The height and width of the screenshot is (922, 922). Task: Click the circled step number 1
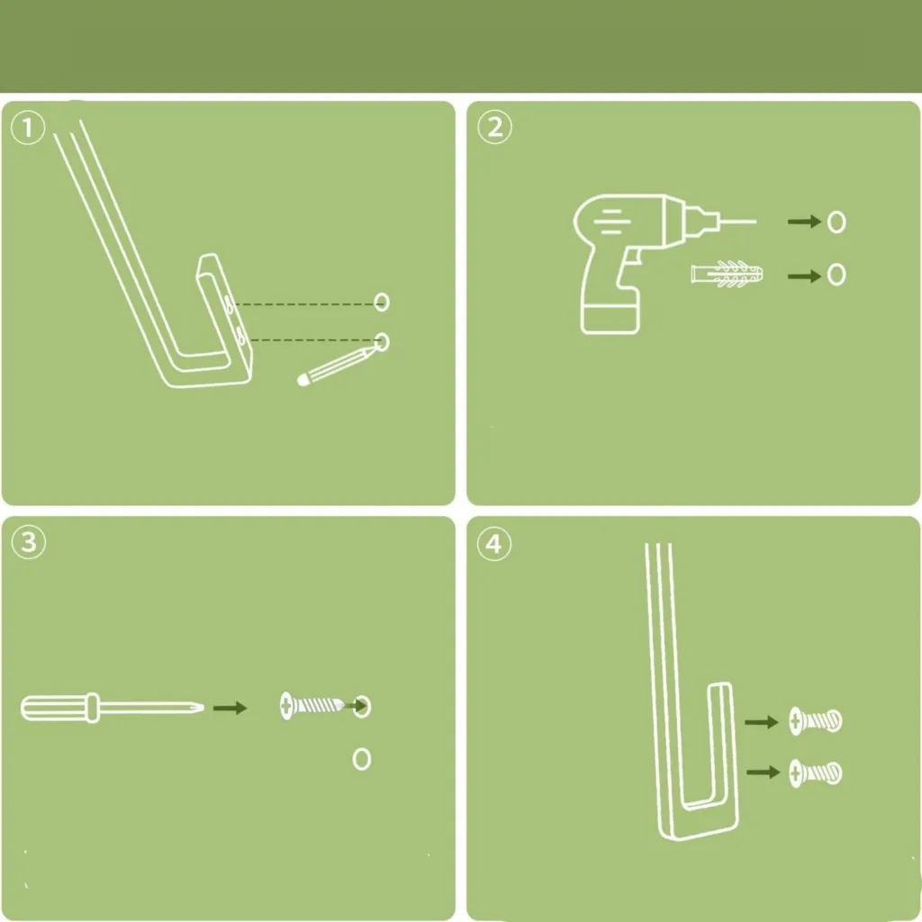(x=28, y=127)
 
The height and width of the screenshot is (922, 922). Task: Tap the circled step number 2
(x=494, y=127)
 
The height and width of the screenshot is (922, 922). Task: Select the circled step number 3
(x=28, y=542)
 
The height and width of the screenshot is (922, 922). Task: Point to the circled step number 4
(x=494, y=544)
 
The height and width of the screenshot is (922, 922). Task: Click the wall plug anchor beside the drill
(x=728, y=274)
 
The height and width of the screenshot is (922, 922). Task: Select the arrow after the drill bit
(x=804, y=221)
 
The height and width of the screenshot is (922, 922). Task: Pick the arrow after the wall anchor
(x=804, y=276)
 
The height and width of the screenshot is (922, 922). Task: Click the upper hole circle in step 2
(x=836, y=222)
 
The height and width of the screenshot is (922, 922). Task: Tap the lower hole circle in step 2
(x=836, y=275)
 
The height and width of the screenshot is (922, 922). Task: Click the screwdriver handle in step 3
(x=59, y=708)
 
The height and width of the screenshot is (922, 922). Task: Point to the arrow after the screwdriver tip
(x=230, y=708)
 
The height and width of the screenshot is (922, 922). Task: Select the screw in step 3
(x=312, y=705)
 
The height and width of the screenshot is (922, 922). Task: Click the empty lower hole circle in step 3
(x=362, y=759)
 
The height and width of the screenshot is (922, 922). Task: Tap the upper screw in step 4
(x=816, y=721)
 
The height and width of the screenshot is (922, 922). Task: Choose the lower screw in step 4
(x=816, y=773)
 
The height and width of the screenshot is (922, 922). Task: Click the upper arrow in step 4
(x=762, y=721)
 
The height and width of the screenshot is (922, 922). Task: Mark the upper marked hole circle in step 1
(x=382, y=303)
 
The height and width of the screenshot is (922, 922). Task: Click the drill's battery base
(x=610, y=319)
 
